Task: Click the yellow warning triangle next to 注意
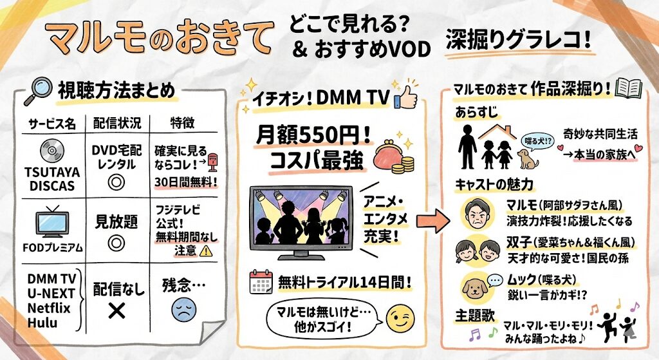coord(207,251)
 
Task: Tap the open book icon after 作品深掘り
coord(627,88)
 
